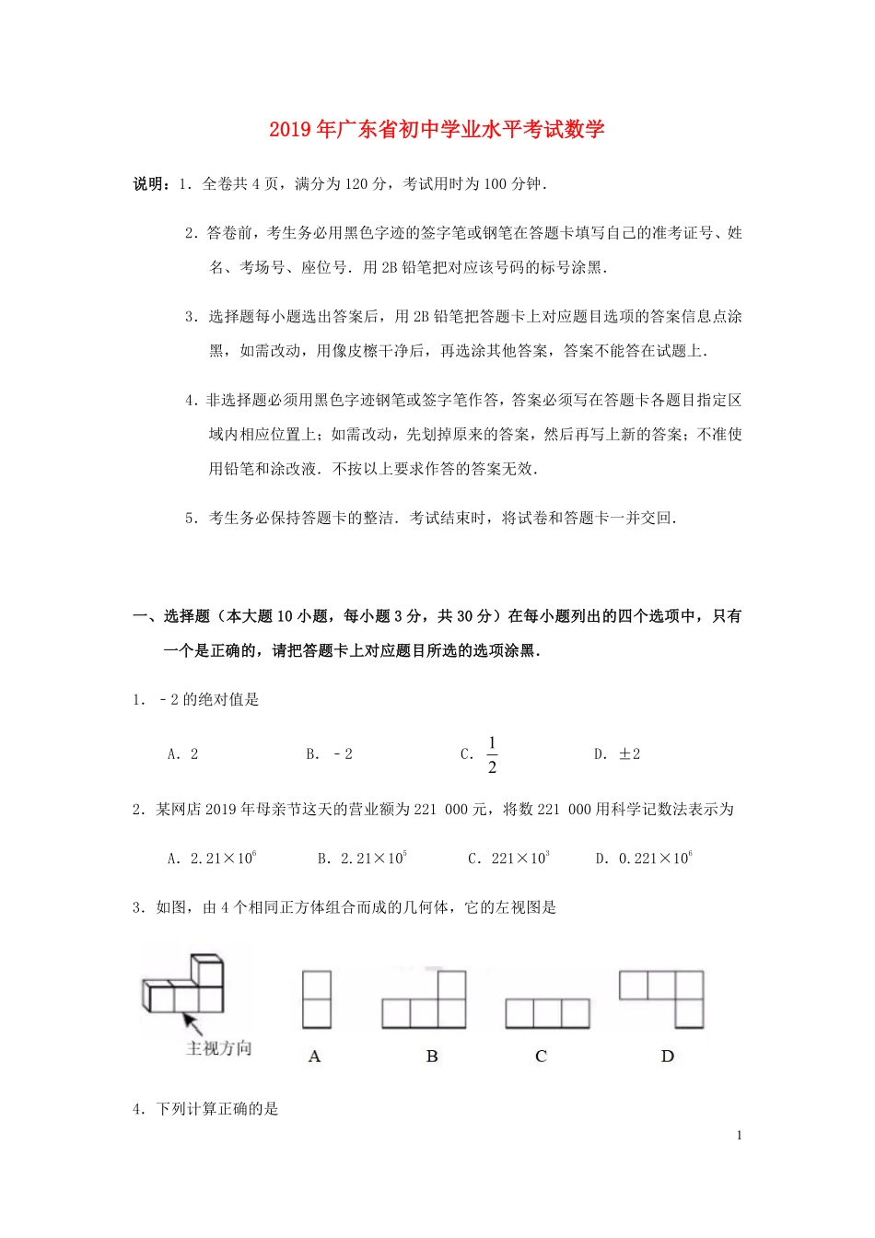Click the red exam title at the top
click(437, 130)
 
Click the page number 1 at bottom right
click(739, 1136)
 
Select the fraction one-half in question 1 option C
click(492, 754)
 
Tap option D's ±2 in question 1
click(629, 754)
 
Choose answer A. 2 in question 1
click(183, 754)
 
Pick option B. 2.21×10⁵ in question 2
click(361, 858)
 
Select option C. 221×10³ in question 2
click(508, 858)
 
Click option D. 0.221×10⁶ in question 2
click(644, 858)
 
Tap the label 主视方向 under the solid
click(218, 1048)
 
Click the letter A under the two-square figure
click(315, 1057)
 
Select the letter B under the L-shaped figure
click(432, 1057)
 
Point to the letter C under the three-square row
click(541, 1057)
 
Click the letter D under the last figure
click(668, 1057)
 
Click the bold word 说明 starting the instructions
click(148, 184)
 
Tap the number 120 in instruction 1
click(356, 184)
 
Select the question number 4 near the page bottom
click(137, 1109)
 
